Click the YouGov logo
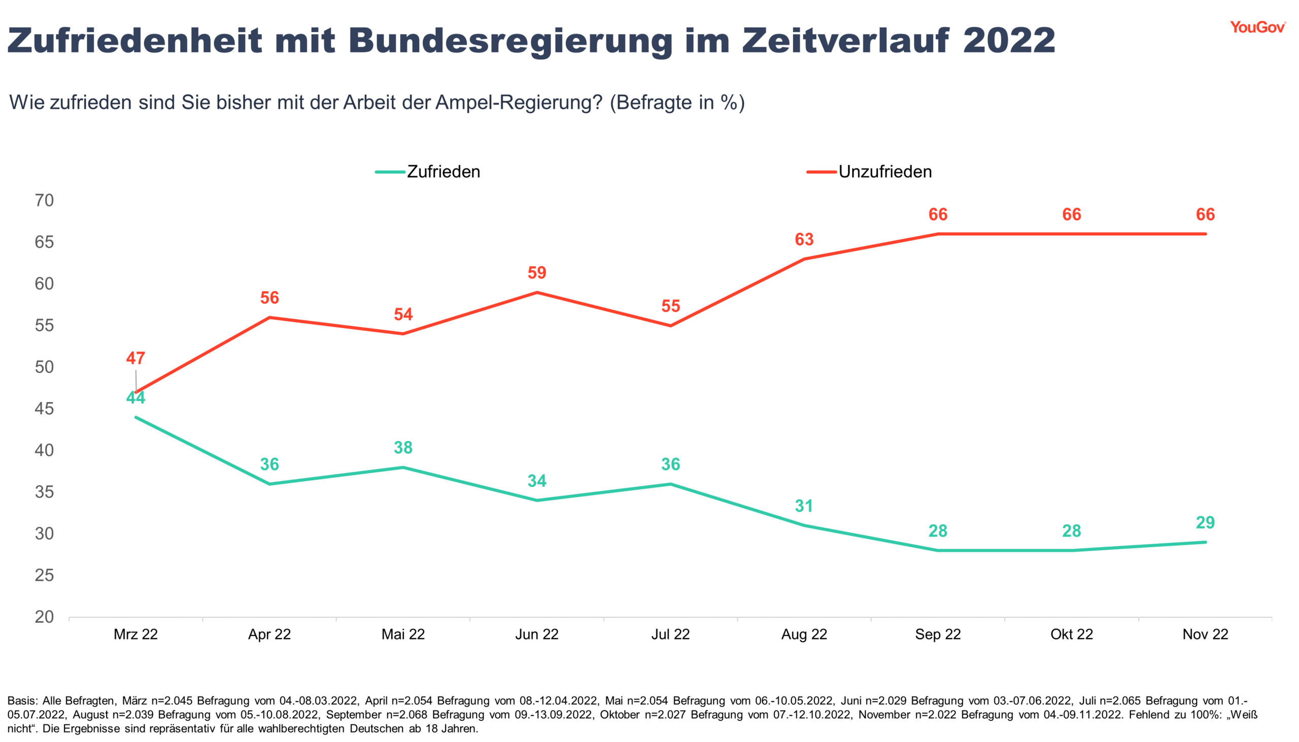tap(1257, 27)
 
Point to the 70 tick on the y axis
tap(44, 200)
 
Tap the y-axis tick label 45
tap(44, 409)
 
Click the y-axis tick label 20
tap(44, 617)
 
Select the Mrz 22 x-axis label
tap(135, 634)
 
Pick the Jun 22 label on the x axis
tap(537, 634)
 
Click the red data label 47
tap(135, 358)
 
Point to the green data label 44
tap(135, 398)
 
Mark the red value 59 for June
tap(537, 273)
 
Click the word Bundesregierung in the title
tap(510, 41)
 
